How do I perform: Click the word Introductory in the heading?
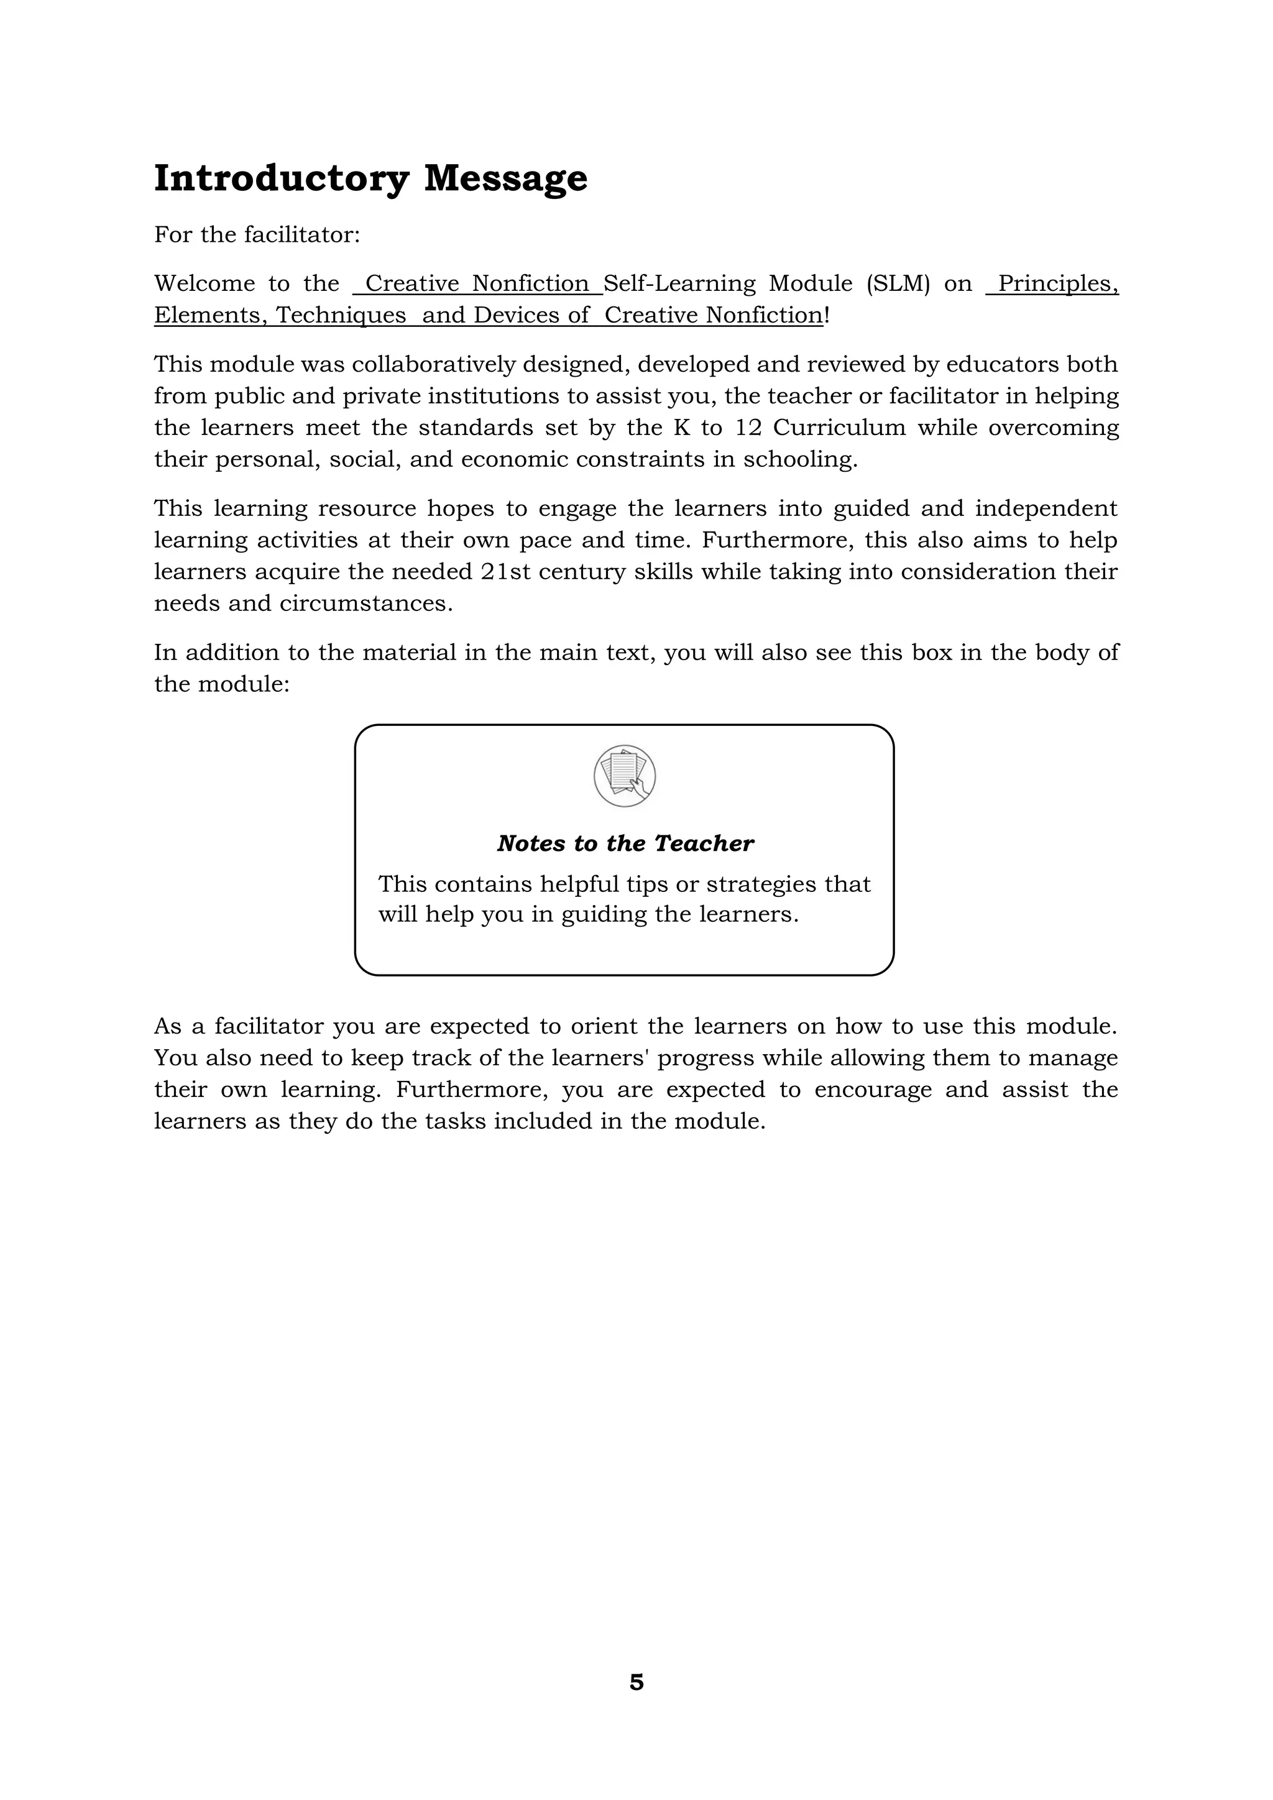pos(280,179)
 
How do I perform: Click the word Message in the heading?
pos(505,179)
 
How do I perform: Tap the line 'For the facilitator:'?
pos(257,235)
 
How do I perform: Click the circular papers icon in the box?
pos(625,776)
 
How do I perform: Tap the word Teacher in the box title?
pos(703,843)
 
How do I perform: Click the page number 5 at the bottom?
pos(636,1683)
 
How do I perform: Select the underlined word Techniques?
pos(341,316)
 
